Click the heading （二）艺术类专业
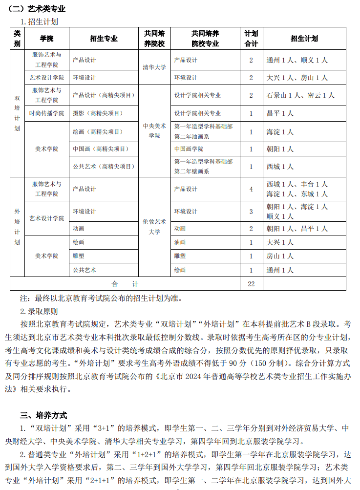coord(37,9)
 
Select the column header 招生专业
coord(104,39)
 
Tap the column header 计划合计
coord(251,39)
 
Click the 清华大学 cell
coord(154,68)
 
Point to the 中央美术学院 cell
coord(154,130)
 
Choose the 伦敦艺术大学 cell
coord(154,227)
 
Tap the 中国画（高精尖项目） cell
coord(99,149)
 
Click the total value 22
coord(251,284)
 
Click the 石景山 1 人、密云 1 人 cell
coord(300,95)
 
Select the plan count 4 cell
coord(251,189)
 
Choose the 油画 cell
coord(180,242)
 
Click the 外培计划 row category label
coord(17,227)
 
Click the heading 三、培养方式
coord(43,415)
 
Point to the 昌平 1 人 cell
coord(280,113)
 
